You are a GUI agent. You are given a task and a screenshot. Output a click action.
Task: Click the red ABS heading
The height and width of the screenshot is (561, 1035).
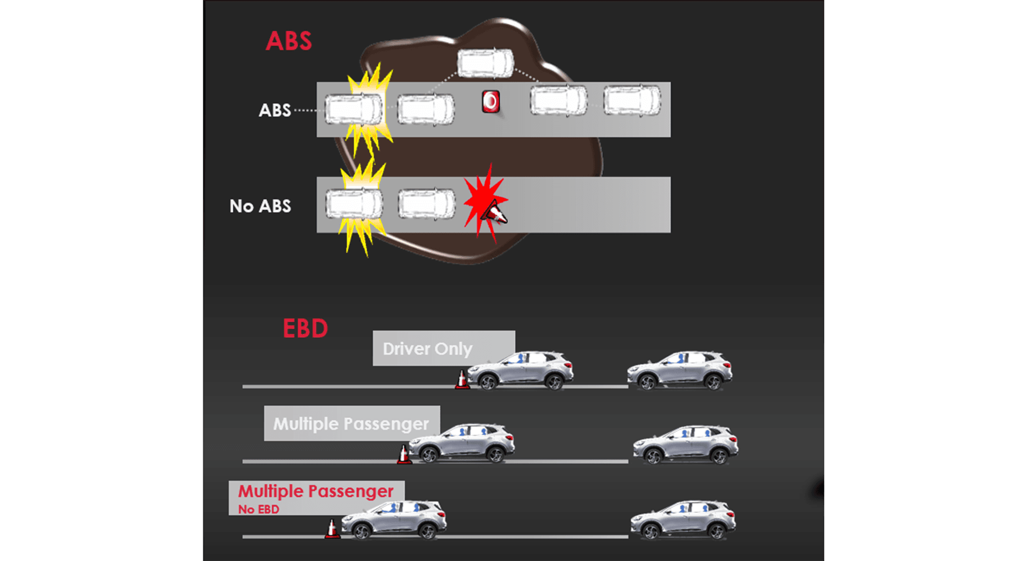pyautogui.click(x=288, y=41)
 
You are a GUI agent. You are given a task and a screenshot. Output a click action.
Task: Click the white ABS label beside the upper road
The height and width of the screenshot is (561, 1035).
pyautogui.click(x=274, y=110)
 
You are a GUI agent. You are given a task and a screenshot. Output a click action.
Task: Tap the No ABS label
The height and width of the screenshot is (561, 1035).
pyautogui.click(x=260, y=206)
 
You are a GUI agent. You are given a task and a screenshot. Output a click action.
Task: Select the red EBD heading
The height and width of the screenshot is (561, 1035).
pyautogui.click(x=305, y=329)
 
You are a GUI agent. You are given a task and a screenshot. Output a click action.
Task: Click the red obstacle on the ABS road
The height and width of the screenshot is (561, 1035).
pyautogui.click(x=491, y=101)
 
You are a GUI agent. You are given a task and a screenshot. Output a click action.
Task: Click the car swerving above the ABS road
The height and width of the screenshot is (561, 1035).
pyautogui.click(x=485, y=63)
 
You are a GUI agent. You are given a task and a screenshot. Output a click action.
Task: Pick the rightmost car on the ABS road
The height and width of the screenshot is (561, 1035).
pyautogui.click(x=632, y=100)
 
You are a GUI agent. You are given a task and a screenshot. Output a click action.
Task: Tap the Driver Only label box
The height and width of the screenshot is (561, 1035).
pyautogui.click(x=443, y=348)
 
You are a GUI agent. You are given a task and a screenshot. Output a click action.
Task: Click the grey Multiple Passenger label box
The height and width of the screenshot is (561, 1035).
pyautogui.click(x=351, y=423)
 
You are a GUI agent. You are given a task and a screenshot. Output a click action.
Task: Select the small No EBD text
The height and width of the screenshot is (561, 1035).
pyautogui.click(x=259, y=509)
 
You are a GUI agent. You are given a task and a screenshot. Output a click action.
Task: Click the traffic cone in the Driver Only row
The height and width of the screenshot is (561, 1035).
pyautogui.click(x=461, y=379)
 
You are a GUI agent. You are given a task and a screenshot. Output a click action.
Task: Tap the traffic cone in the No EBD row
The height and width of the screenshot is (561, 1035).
pyautogui.click(x=332, y=529)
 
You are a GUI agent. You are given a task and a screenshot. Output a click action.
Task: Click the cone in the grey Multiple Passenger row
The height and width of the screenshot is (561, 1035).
pyautogui.click(x=403, y=454)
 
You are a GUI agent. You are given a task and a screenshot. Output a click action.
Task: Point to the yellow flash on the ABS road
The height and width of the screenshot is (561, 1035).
pyautogui.click(x=369, y=108)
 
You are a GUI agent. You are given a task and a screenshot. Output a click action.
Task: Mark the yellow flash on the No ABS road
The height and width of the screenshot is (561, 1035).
pyautogui.click(x=361, y=207)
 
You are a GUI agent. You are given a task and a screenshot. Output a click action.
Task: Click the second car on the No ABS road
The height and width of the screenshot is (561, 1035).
pyautogui.click(x=426, y=204)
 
